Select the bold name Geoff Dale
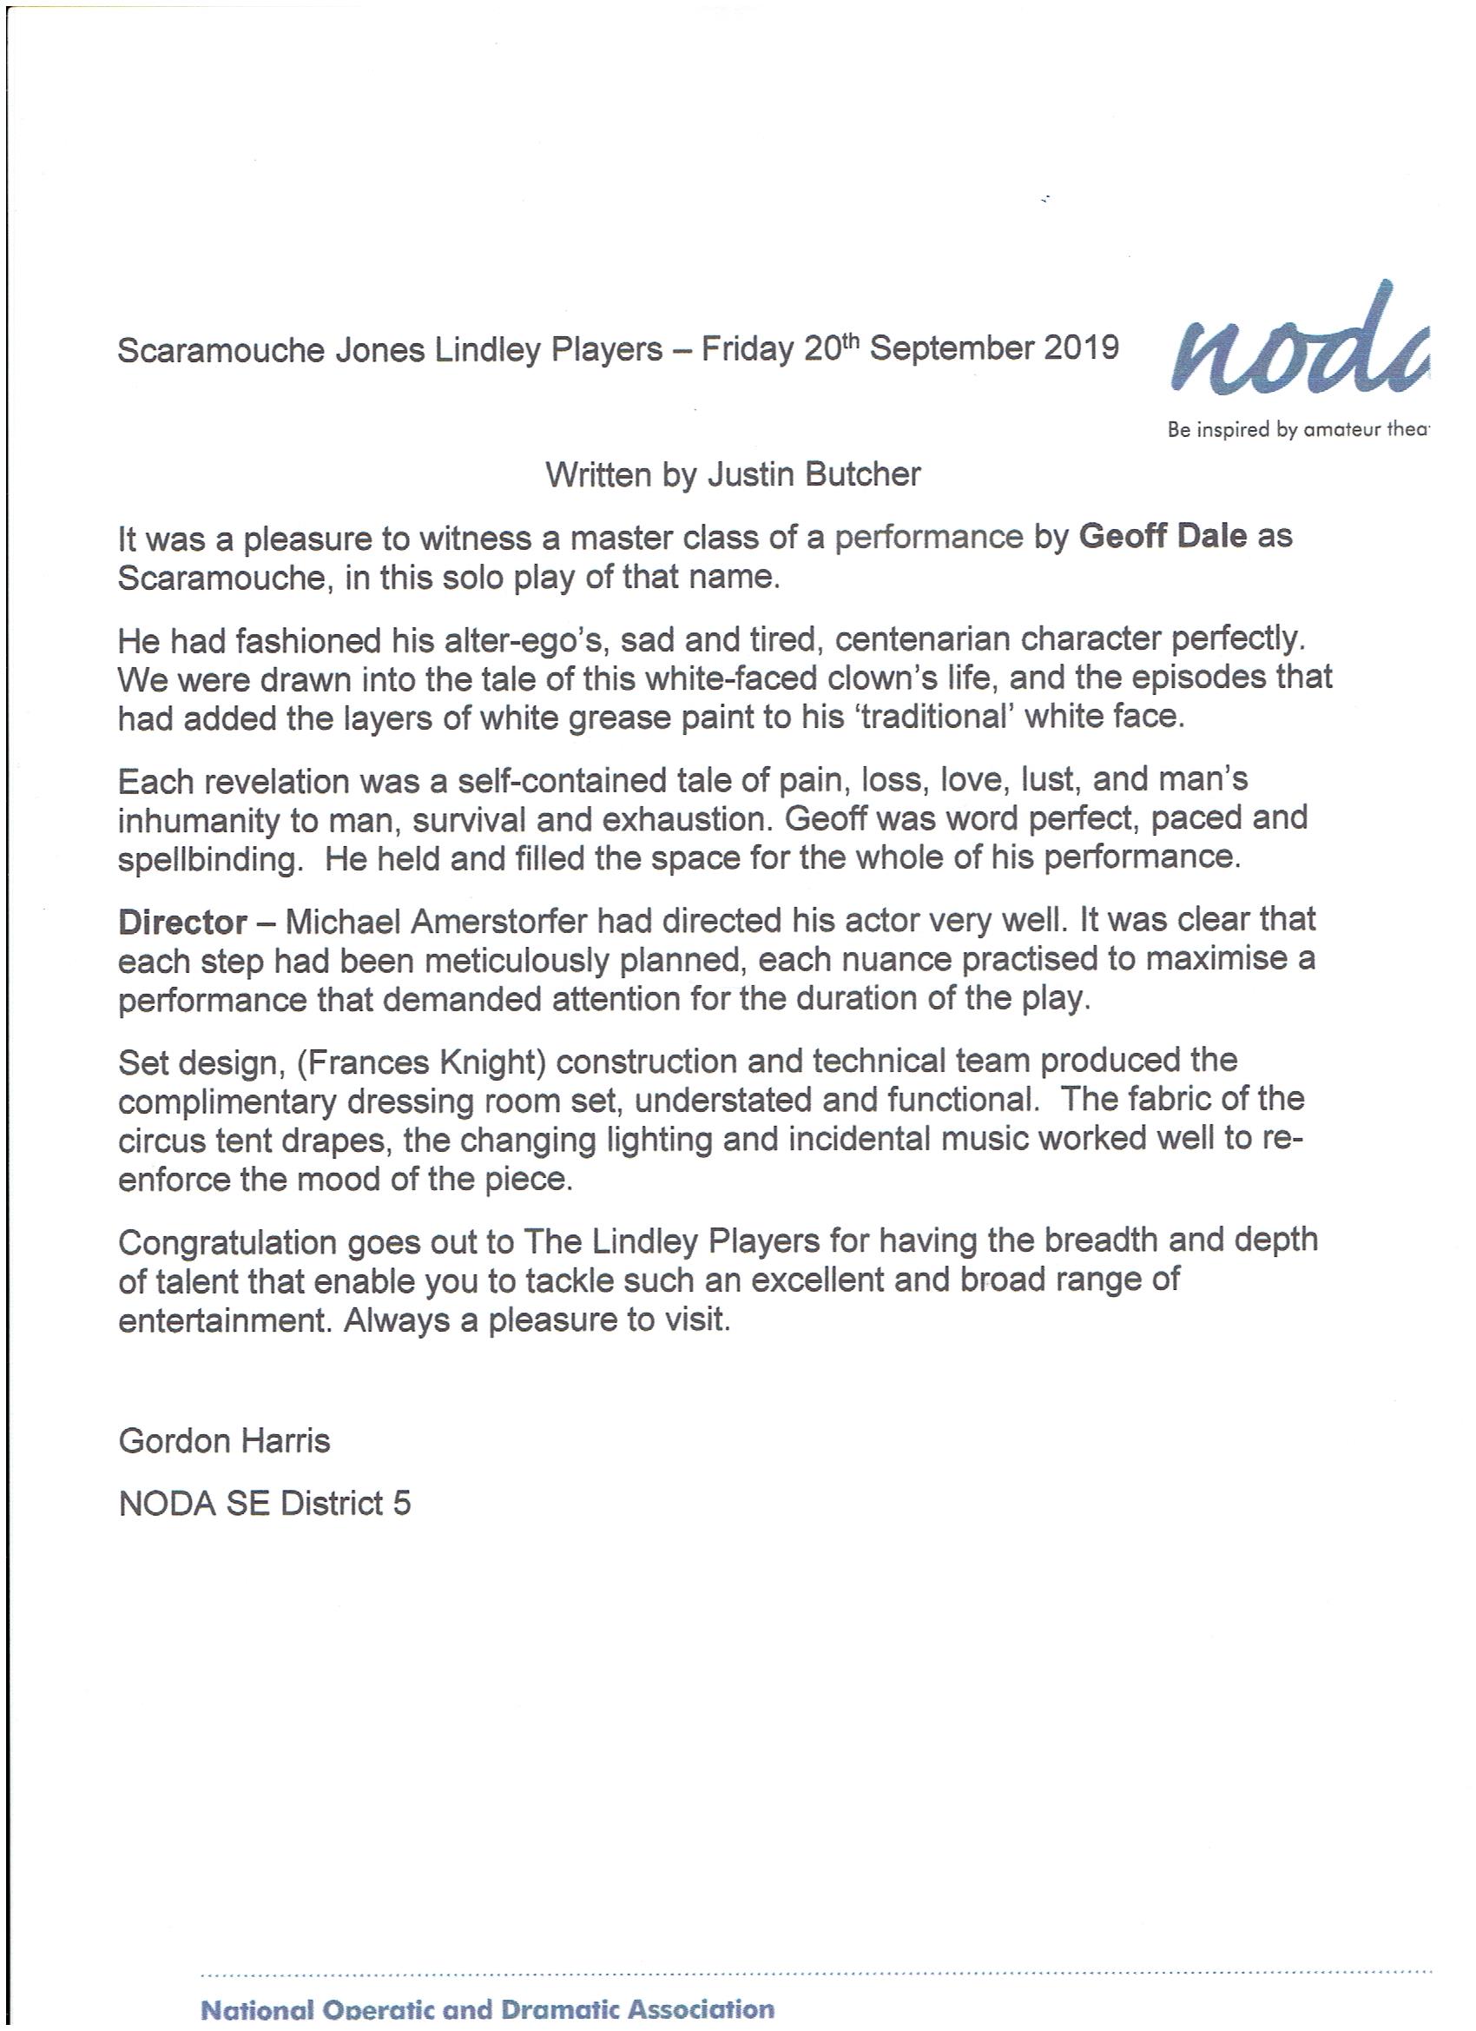tap(1163, 536)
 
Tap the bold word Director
tap(182, 922)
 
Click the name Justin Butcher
tap(814, 473)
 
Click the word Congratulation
tap(227, 1242)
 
